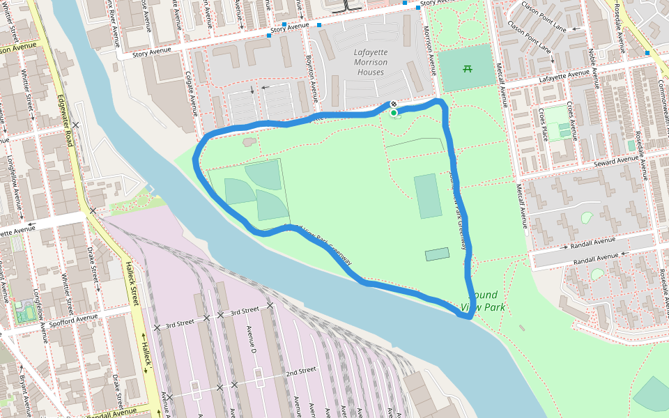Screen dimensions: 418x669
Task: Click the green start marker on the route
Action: pos(394,113)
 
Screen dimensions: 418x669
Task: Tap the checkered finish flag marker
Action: pos(393,106)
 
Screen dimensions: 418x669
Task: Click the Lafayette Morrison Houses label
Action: pos(370,62)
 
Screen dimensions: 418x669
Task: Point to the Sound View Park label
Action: pos(485,300)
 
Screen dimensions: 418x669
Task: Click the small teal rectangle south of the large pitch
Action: pos(438,254)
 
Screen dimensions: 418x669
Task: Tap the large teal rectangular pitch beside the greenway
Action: pos(427,196)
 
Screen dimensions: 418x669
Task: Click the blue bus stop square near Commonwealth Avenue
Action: pos(647,53)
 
